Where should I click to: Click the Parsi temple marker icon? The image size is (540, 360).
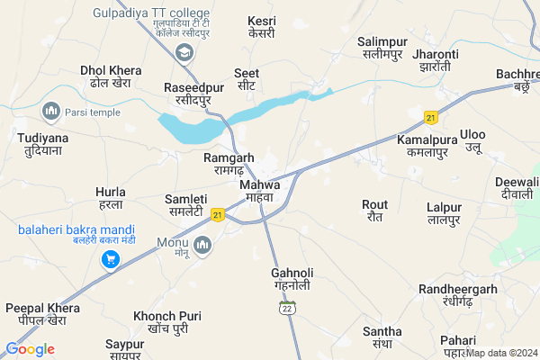[50, 111]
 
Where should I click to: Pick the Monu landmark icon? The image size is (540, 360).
[202, 244]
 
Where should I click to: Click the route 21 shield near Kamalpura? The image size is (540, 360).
[431, 118]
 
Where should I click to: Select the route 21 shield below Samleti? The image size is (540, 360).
[218, 214]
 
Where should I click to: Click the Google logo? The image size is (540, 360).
[30, 349]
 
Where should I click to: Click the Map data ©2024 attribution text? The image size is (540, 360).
[501, 353]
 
